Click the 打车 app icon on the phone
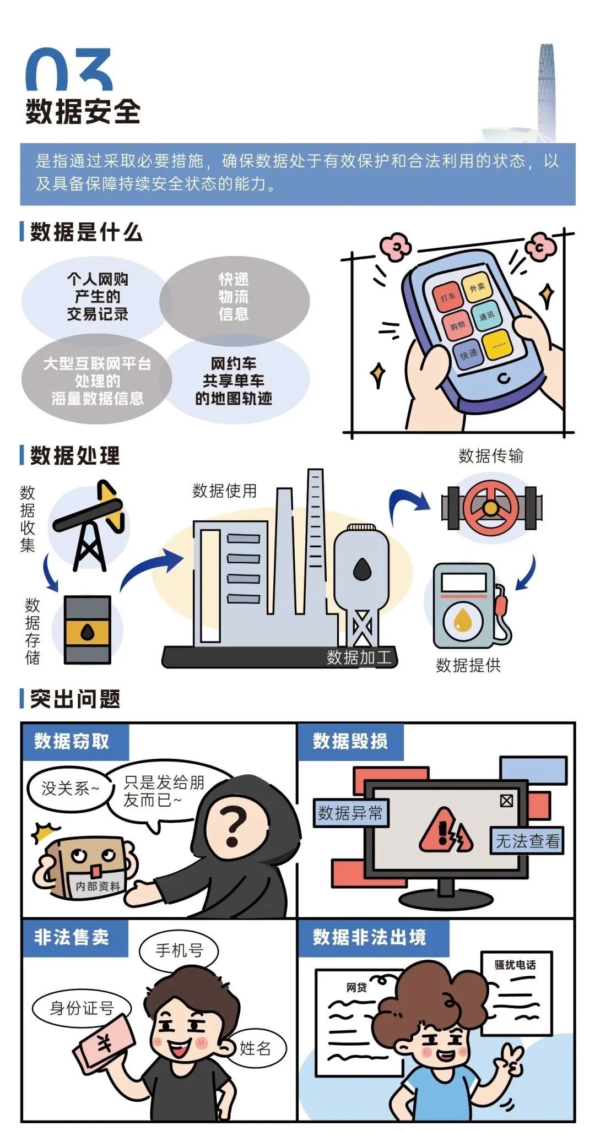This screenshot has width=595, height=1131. point(447,298)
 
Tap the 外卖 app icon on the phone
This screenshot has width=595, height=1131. point(477,286)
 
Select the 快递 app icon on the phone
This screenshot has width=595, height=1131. point(469,355)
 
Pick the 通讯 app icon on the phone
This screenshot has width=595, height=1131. point(486,316)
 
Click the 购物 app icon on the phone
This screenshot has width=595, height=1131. point(457,326)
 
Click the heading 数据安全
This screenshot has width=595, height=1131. point(83,112)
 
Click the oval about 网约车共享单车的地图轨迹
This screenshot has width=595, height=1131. point(234,380)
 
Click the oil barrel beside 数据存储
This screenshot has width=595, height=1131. point(88,629)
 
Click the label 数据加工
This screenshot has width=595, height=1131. point(359,657)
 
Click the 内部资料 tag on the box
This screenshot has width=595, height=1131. point(98,885)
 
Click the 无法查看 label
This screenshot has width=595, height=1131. point(527,841)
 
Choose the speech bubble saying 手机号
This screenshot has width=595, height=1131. point(179,950)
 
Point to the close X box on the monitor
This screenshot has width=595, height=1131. point(506,800)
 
